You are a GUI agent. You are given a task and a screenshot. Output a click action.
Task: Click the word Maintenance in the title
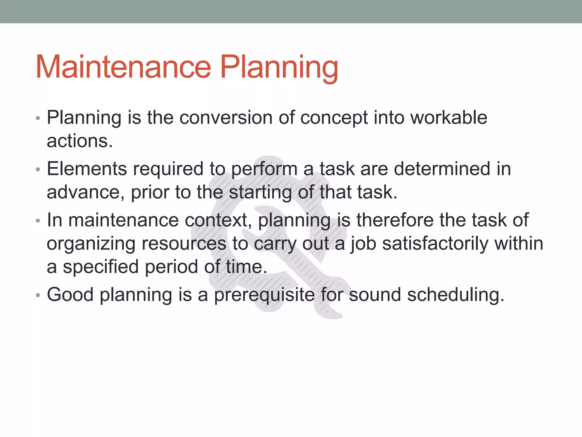pyautogui.click(x=123, y=67)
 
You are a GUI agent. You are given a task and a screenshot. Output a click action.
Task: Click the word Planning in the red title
pyautogui.click(x=279, y=67)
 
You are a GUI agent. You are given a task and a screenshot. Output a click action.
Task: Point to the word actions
pyautogui.click(x=80, y=141)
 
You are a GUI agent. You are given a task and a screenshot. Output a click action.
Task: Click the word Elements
pyautogui.click(x=87, y=169)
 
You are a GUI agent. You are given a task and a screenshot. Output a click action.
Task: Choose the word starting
pyautogui.click(x=260, y=192)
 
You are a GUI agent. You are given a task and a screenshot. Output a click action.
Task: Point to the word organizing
pyautogui.click(x=91, y=244)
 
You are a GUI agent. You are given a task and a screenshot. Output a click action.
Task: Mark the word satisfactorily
pyautogui.click(x=435, y=244)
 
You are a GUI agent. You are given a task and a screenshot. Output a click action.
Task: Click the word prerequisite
pyautogui.click(x=264, y=295)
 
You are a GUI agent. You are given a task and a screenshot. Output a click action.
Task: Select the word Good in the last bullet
pyautogui.click(x=70, y=295)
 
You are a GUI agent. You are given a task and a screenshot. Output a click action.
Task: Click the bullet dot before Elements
pyautogui.click(x=38, y=170)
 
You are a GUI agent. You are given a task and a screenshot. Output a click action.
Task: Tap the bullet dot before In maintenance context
pyautogui.click(x=38, y=221)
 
